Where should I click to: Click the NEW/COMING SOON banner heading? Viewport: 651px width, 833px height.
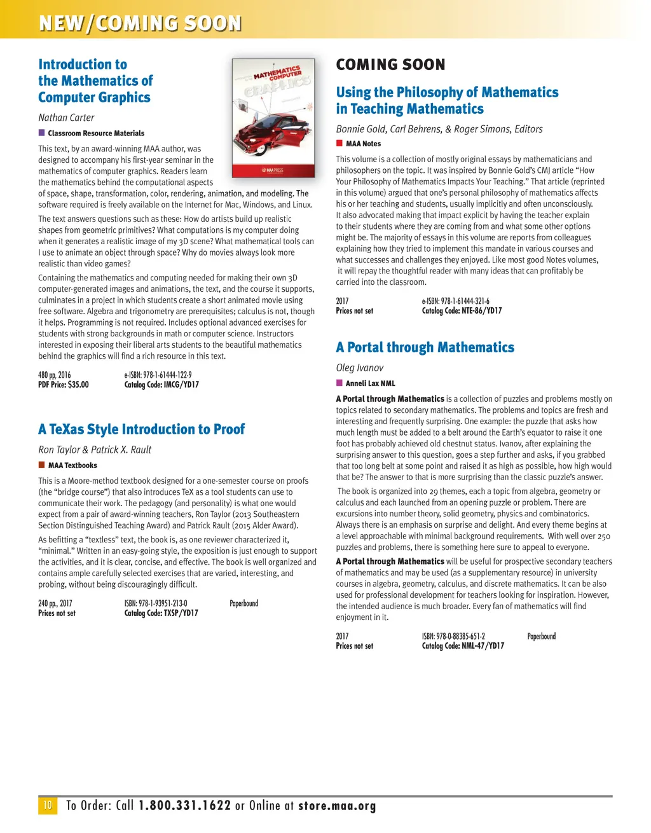click(x=140, y=24)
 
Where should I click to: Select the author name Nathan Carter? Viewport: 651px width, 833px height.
click(x=66, y=118)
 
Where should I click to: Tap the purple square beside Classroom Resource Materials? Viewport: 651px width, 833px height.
click(x=42, y=133)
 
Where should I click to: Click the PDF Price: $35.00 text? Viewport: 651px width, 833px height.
click(x=64, y=385)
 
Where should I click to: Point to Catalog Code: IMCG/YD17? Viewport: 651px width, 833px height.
click(x=161, y=385)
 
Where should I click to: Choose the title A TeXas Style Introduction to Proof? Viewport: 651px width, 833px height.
click(x=141, y=429)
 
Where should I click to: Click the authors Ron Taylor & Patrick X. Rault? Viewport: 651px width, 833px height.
click(x=95, y=450)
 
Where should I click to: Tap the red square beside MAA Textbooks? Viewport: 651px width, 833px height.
click(x=42, y=465)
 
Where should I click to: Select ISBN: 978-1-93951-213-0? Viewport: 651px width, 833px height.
click(x=156, y=603)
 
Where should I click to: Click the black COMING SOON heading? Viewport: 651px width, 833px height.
click(x=390, y=65)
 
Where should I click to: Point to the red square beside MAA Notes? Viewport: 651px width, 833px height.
click(x=339, y=144)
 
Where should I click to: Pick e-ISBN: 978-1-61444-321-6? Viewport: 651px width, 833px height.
click(x=456, y=301)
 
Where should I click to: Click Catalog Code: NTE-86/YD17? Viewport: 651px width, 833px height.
click(x=462, y=311)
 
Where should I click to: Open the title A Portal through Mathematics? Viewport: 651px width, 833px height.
click(x=425, y=347)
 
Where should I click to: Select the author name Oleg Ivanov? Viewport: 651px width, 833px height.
click(x=360, y=368)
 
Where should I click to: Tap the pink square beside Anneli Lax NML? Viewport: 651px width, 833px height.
click(x=339, y=383)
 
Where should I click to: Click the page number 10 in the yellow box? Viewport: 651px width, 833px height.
click(x=47, y=805)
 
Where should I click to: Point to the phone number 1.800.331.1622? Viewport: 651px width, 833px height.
click(x=184, y=806)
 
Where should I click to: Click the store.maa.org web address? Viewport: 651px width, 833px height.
click(x=337, y=806)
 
